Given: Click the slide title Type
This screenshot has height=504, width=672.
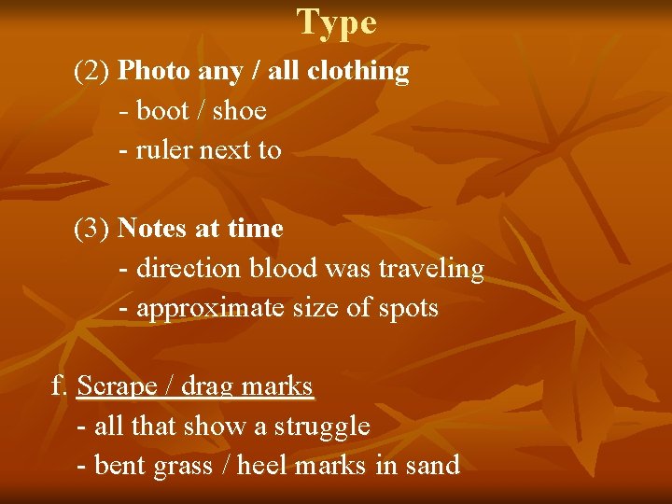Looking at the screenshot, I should (337, 22).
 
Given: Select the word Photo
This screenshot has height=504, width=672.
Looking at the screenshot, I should (154, 71).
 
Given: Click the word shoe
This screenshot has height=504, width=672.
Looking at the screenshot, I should (239, 111).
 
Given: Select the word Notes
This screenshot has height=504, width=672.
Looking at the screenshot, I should (155, 229).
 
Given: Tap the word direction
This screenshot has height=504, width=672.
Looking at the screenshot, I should (188, 269).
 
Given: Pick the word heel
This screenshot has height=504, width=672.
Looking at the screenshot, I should (262, 466).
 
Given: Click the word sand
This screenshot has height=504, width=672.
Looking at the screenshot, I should (431, 466).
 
